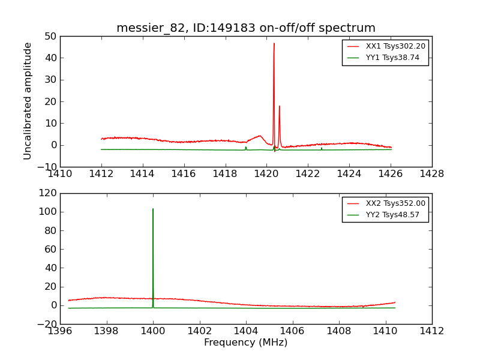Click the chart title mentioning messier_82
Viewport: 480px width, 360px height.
[246, 28]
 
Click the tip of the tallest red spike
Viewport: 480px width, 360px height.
[274, 43]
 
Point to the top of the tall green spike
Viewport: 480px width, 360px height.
[153, 209]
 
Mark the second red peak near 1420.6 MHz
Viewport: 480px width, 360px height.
[279, 106]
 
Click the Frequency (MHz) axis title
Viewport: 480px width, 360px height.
[246, 343]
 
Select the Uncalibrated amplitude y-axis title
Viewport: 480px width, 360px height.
[28, 101]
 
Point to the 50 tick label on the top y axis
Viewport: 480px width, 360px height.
[50, 36]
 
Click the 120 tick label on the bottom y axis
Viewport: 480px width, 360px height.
[47, 193]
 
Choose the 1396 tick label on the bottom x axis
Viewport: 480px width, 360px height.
[60, 331]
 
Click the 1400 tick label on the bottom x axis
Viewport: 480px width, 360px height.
[153, 331]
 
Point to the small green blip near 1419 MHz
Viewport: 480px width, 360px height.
[246, 147]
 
